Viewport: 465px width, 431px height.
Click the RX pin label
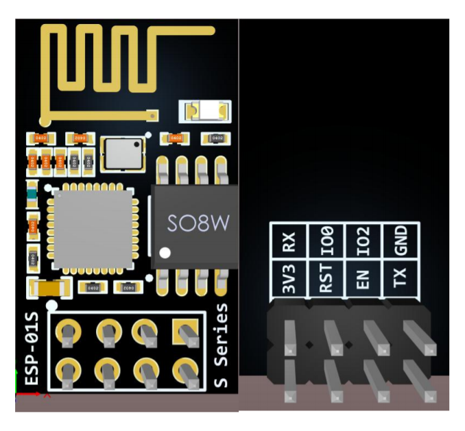(289, 241)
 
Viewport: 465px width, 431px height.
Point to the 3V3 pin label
(289, 280)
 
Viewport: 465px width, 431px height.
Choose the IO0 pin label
(326, 241)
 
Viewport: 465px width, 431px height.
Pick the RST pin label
(326, 280)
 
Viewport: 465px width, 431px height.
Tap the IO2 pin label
(363, 241)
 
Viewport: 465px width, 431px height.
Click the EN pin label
(363, 280)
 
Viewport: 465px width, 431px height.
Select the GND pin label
(401, 241)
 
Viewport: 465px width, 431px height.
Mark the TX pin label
(401, 280)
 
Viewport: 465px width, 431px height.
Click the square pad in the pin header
(182, 332)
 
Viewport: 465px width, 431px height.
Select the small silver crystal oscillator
(121, 153)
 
